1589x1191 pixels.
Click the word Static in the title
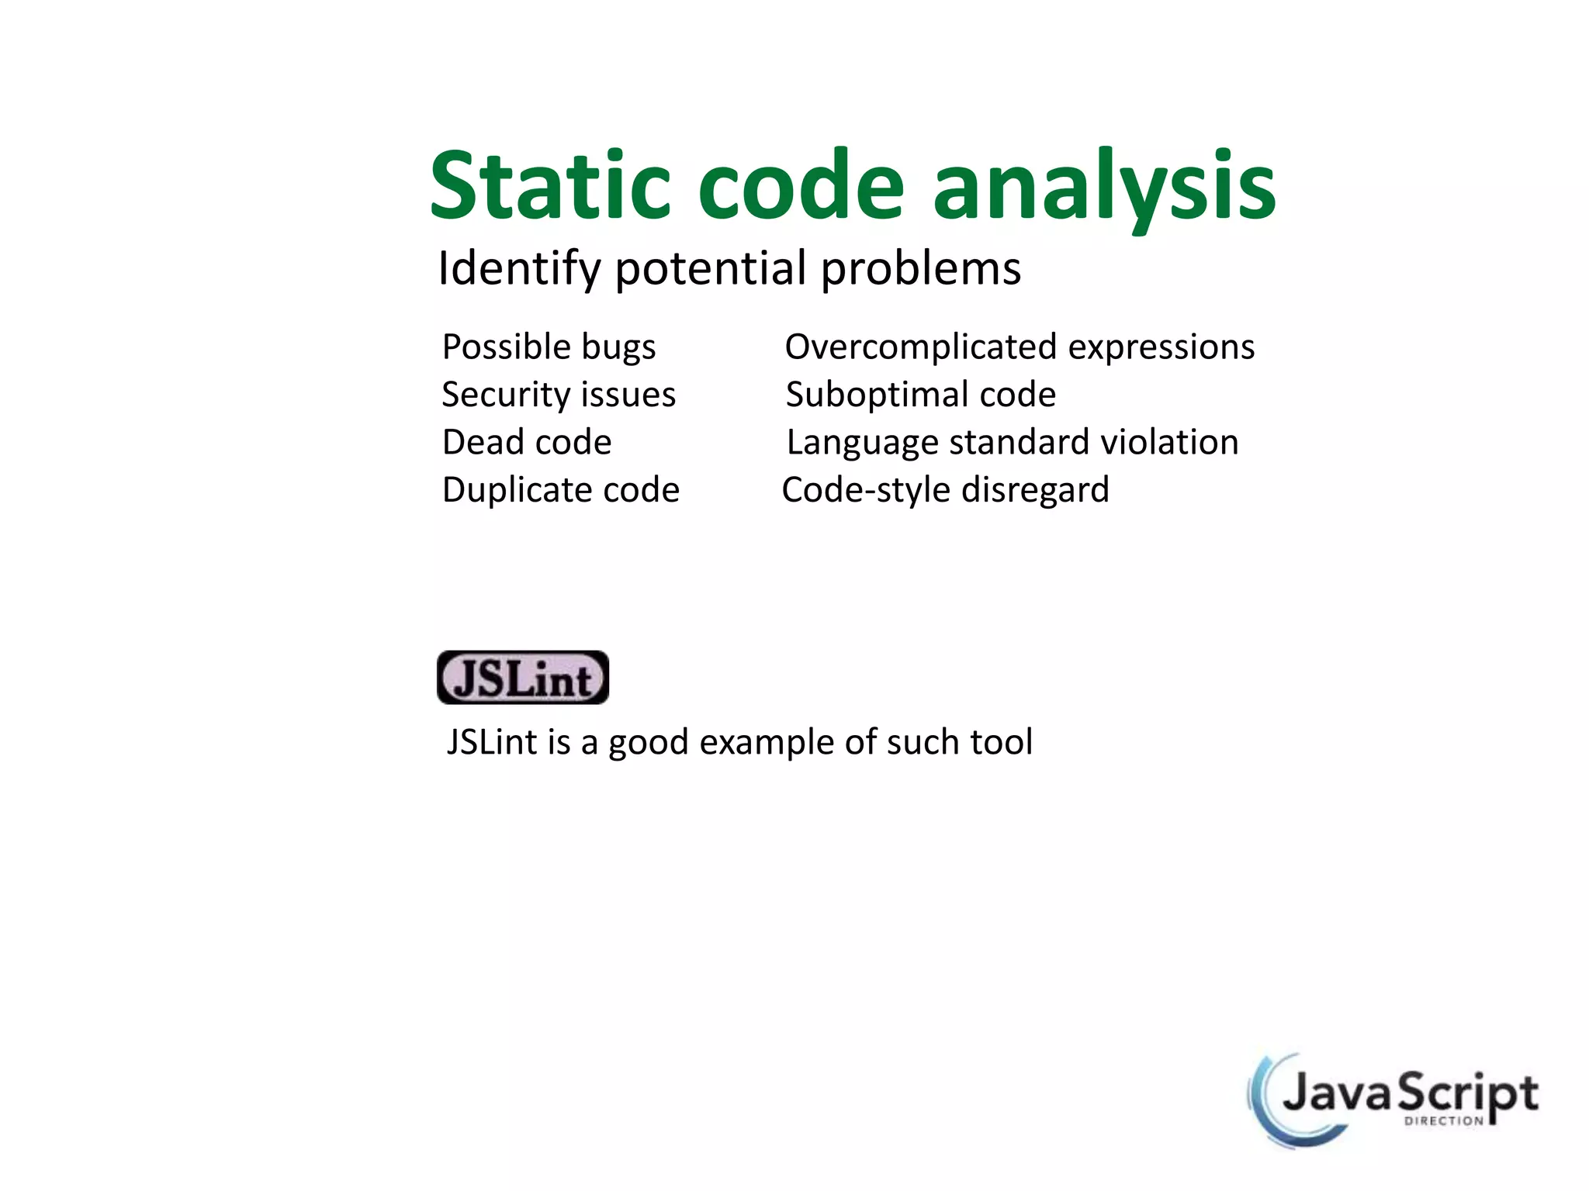549,186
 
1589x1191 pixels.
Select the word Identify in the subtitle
519,269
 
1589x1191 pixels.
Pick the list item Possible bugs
549,347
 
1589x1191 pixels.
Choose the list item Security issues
559,395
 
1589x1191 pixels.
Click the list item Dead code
527,442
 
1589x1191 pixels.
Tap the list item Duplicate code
561,490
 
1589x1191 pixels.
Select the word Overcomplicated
920,347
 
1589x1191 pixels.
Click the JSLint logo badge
523,678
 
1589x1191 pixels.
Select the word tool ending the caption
1001,742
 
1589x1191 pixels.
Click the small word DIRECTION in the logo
1443,1121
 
